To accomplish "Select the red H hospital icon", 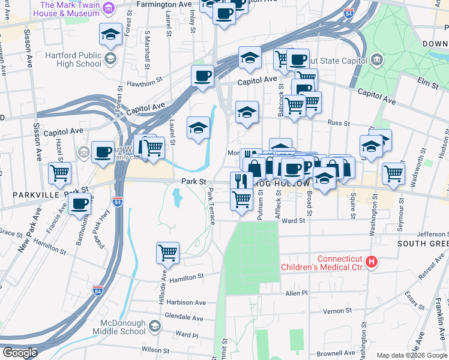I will (372, 262).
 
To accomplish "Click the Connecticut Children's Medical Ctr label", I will (322, 262).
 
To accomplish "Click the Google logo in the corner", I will (20, 353).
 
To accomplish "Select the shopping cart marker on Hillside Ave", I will (167, 252).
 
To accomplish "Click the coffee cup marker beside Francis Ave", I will (79, 203).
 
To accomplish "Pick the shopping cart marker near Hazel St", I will (59, 173).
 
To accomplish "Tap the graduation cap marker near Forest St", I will (111, 34).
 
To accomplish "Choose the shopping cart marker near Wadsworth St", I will (393, 173).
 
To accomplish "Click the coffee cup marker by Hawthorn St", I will (202, 76).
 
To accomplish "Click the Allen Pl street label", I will (296, 293).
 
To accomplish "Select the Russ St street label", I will (339, 122).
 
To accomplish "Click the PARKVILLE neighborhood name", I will (30, 195).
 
